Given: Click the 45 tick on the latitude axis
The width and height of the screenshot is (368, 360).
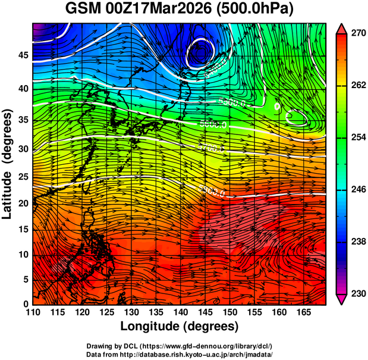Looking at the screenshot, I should [x=23, y=55].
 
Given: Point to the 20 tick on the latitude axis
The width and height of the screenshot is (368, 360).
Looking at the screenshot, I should [x=23, y=204].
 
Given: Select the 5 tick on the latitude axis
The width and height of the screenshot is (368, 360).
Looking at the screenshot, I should [x=25, y=278].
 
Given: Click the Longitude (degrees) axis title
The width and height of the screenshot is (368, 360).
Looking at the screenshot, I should [x=180, y=326].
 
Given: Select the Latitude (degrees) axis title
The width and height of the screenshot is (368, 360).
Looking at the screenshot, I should [x=8, y=164].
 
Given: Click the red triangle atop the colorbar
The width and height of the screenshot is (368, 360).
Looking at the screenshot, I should [x=341, y=29].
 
